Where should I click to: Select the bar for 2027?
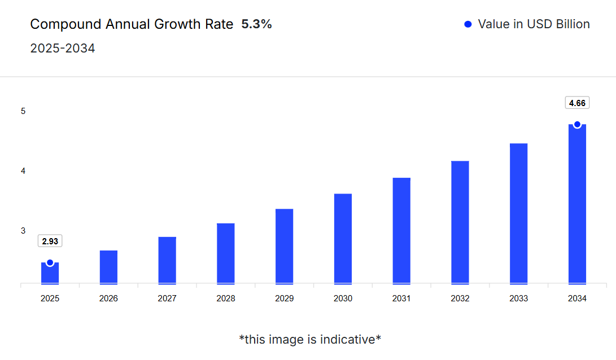(x=167, y=260)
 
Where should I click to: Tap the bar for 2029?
(x=285, y=247)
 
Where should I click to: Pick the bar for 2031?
(x=401, y=231)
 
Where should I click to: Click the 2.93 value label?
(x=50, y=241)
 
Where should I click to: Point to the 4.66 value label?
(x=577, y=103)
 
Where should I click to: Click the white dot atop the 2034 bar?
(x=577, y=124)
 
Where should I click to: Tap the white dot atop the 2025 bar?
(x=50, y=262)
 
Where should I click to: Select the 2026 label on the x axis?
(x=108, y=298)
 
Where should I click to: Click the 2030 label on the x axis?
(x=343, y=298)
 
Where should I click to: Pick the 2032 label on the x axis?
(x=460, y=298)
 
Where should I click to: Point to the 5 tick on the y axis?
(x=23, y=111)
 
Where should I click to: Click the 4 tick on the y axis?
(x=23, y=171)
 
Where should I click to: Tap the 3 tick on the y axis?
(x=23, y=231)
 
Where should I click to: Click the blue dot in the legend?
(x=468, y=24)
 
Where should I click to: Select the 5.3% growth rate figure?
(x=256, y=24)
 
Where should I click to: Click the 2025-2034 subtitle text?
(x=62, y=49)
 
